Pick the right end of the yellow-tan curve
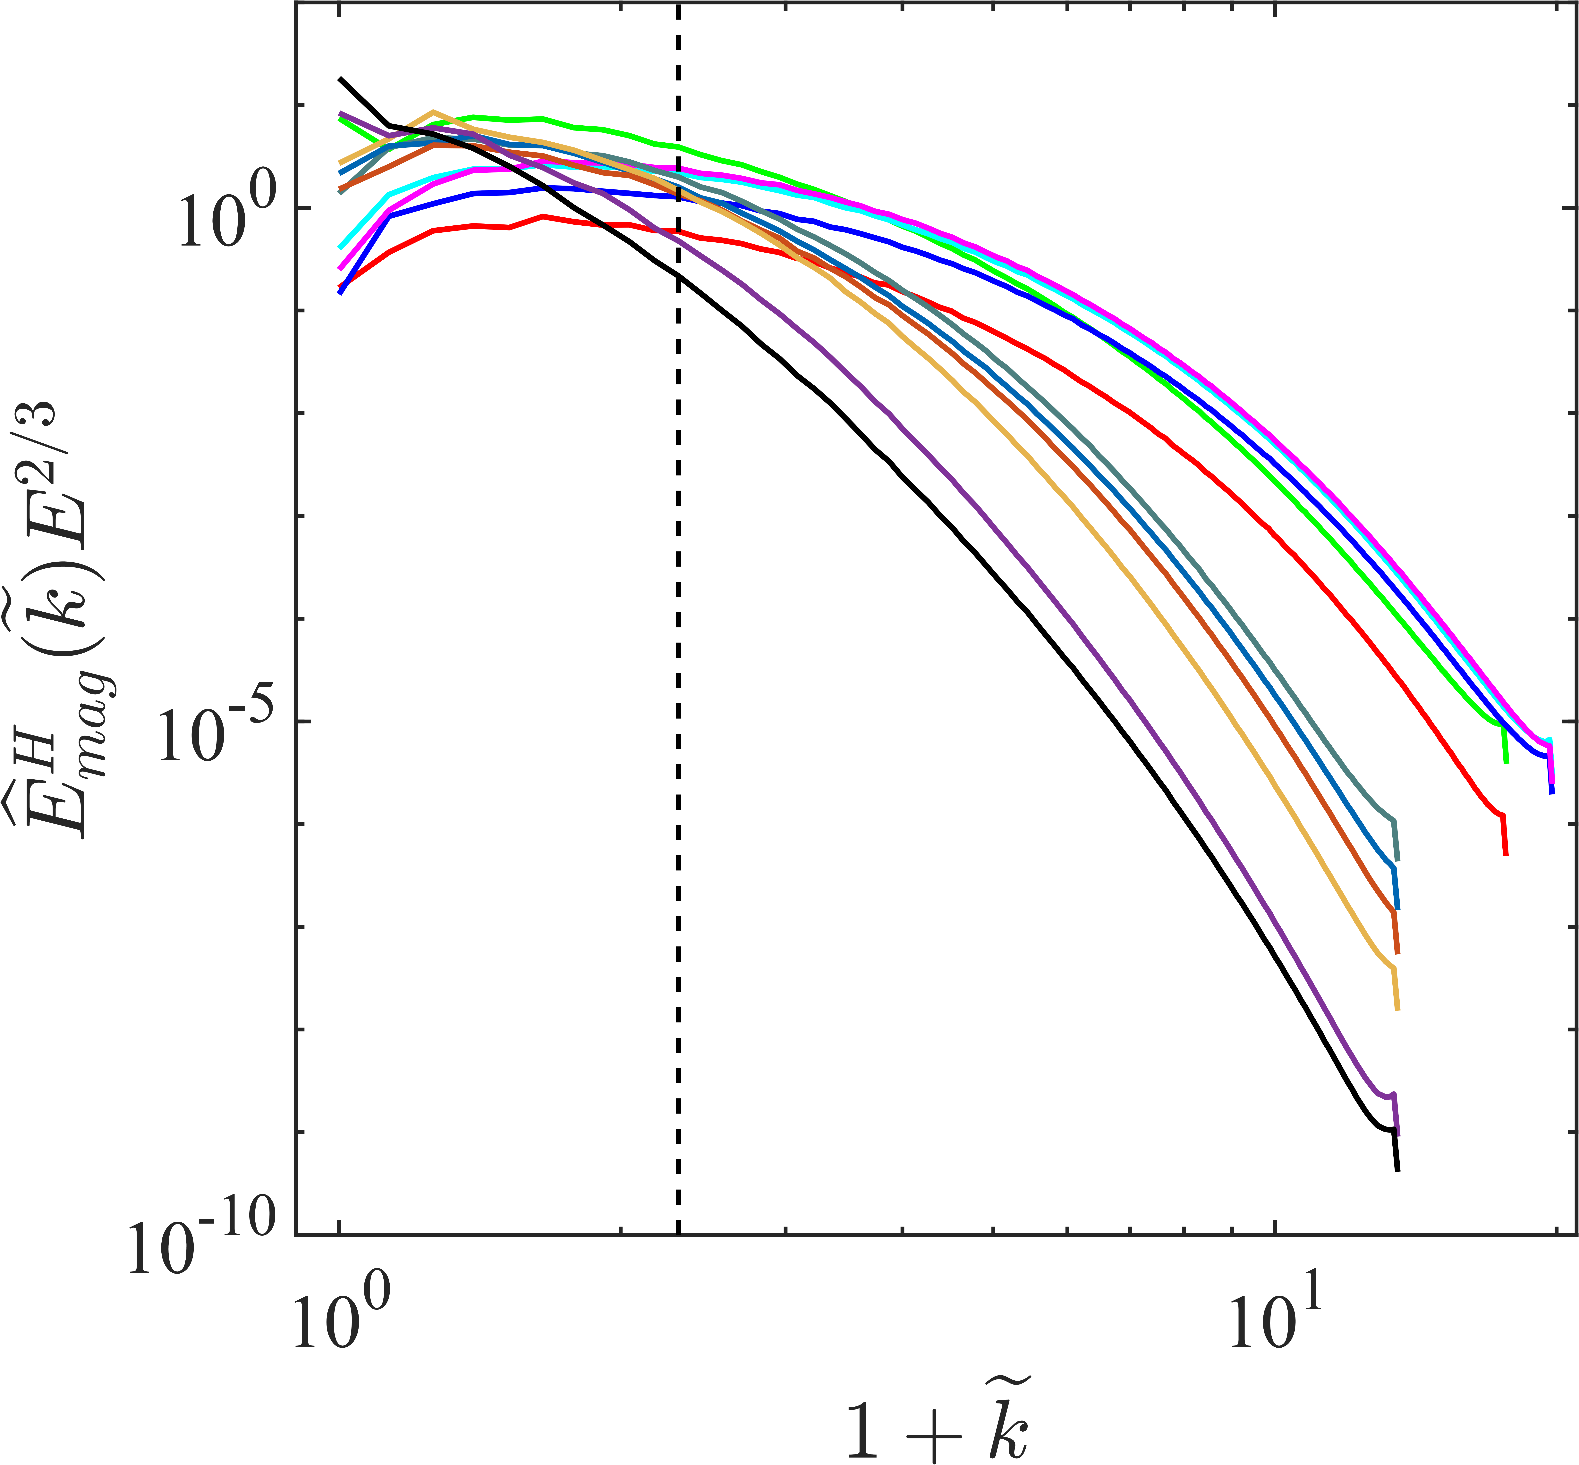1397,1009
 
